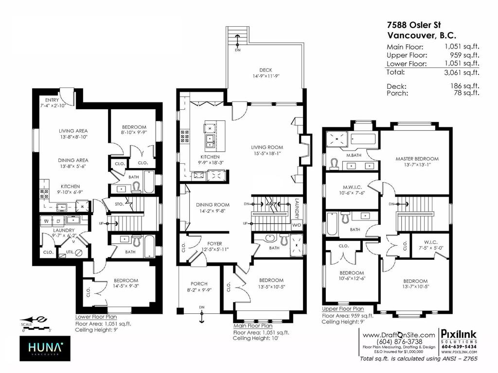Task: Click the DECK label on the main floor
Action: [x=265, y=69]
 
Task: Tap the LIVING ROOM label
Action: [x=267, y=147]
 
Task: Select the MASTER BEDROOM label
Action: [x=417, y=159]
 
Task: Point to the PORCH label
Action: [x=199, y=284]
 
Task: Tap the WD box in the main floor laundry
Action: [x=296, y=225]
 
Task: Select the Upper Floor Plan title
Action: [x=343, y=308]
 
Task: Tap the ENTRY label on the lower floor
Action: [x=51, y=100]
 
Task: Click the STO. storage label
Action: [x=119, y=205]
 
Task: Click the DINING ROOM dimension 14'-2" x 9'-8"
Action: [x=213, y=212]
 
